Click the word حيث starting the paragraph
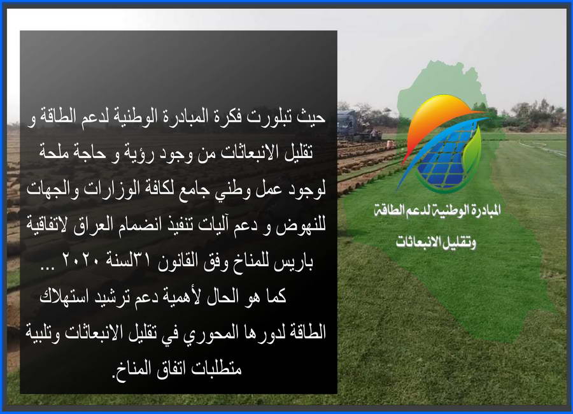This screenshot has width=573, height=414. [x=311, y=117]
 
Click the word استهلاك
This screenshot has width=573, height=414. [x=64, y=297]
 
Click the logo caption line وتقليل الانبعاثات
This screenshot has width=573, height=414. [x=435, y=242]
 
